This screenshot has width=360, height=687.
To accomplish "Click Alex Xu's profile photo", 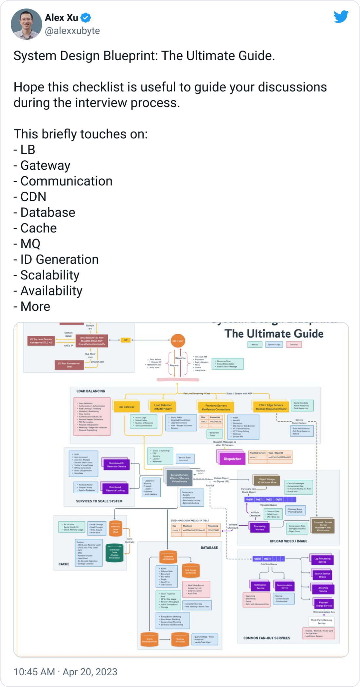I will (x=27, y=24).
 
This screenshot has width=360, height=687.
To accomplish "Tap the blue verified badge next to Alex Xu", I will (x=86, y=18).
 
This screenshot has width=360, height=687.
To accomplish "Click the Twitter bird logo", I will (x=341, y=17).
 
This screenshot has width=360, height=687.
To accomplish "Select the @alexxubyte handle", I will (x=72, y=31).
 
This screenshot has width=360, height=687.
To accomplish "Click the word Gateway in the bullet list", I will (x=45, y=166).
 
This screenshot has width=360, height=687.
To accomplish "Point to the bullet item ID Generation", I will (x=59, y=259).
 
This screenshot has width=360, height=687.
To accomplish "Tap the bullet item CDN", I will (x=33, y=197).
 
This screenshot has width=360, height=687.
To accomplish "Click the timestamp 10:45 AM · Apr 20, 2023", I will (x=65, y=672).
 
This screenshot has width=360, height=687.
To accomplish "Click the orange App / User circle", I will (x=178, y=341).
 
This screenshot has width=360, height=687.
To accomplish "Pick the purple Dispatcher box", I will (x=232, y=459).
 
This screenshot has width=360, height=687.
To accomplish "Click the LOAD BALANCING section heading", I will (x=91, y=391).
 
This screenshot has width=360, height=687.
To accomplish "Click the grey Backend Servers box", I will (x=179, y=478).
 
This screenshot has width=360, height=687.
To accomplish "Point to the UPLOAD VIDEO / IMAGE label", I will (x=288, y=541).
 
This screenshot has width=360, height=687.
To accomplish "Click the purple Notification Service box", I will (x=260, y=587).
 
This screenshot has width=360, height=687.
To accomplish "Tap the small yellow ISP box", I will (x=125, y=340).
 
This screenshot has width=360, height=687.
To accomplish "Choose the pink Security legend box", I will (x=294, y=344).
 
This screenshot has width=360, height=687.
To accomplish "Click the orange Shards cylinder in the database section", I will (x=149, y=640).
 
